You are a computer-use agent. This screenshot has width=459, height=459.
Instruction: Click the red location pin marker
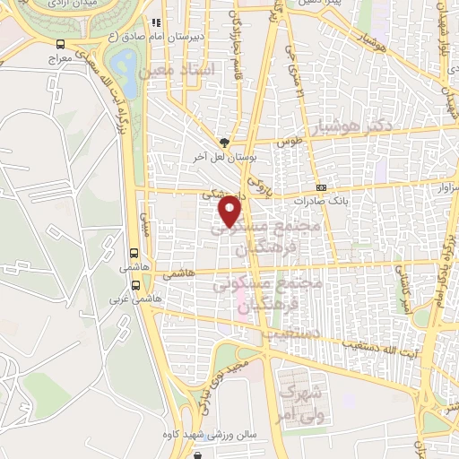[230, 211]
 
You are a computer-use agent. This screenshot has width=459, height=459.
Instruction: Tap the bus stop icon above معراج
[59, 43]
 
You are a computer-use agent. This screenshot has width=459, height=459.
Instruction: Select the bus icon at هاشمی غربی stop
[135, 285]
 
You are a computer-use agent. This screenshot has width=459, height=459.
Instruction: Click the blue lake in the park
[125, 66]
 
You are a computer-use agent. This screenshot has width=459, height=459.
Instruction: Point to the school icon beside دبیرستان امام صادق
[156, 23]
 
